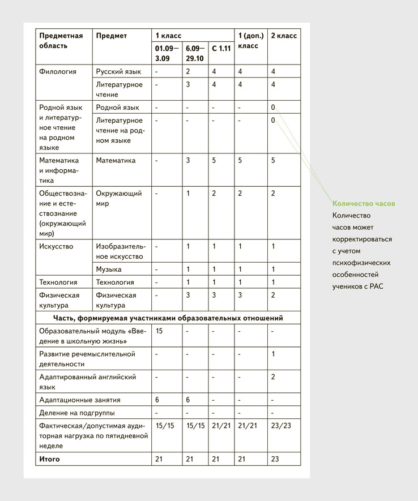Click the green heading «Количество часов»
coord(364,203)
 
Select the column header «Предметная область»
coord(61,40)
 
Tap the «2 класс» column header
coord(284,36)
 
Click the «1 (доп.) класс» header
coord(250,40)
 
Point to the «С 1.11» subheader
coord(221,49)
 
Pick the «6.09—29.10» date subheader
coord(195,53)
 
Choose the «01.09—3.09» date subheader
coord(165,53)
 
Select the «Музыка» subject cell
coord(109,269)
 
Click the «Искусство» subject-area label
coord(56,246)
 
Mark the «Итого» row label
coord(49,459)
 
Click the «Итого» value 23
coord(275,459)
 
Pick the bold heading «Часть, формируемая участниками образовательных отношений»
coord(168,318)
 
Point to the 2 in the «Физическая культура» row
coord(273,295)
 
